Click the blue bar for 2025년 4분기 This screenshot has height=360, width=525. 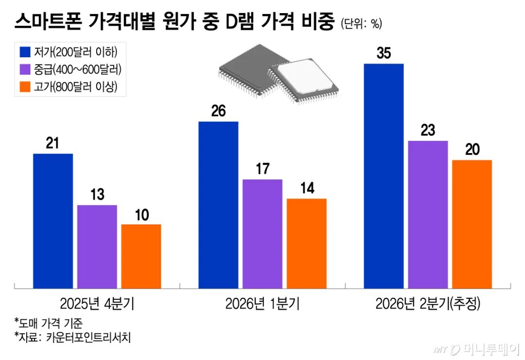point(53,221)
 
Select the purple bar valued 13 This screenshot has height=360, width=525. point(97,247)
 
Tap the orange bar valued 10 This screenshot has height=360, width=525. point(141,257)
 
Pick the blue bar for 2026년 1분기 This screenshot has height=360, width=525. point(218,205)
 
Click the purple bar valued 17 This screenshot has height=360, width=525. point(262,234)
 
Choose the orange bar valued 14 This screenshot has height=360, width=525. point(306,243)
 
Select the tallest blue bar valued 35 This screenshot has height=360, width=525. point(384,176)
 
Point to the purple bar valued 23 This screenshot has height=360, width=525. point(428,215)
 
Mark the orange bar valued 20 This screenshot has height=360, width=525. point(472,224)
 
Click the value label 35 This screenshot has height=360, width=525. point(384,53)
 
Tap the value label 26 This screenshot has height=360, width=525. point(218,111)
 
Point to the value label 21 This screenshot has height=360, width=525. point(52,143)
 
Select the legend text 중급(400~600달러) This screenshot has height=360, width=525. point(78,69)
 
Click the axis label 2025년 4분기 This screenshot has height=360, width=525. point(97,304)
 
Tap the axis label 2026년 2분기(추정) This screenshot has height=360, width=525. point(428,304)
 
